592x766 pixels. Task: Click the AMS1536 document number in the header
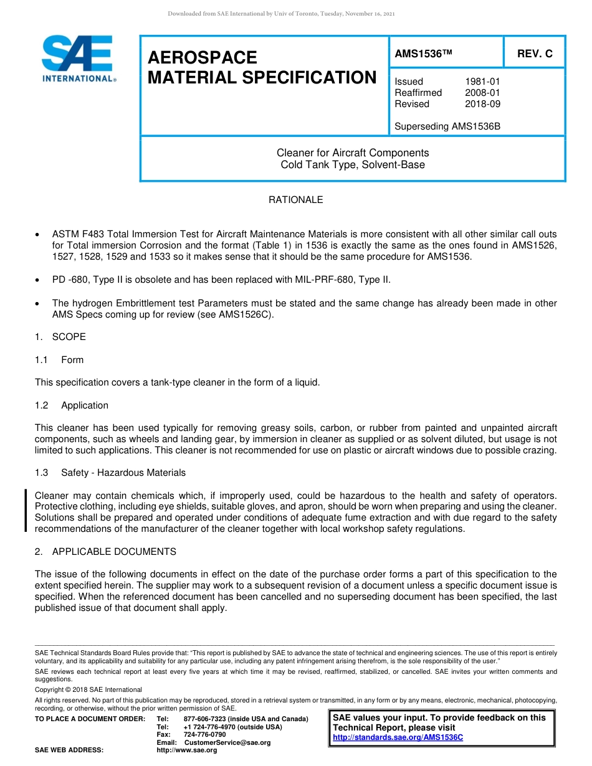[422, 54]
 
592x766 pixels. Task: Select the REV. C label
[534, 54]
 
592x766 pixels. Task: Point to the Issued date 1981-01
[482, 82]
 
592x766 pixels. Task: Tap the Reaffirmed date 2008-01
[482, 93]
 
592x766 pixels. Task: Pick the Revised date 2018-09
[482, 104]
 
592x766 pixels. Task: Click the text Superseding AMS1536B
[447, 126]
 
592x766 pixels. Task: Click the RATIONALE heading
[295, 200]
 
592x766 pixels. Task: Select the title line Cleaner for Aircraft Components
[353, 153]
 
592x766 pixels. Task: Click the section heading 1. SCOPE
[60, 337]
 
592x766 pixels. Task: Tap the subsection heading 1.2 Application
[72, 405]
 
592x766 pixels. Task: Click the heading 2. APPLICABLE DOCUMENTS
[106, 552]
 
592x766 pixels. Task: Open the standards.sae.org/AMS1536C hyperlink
[398, 737]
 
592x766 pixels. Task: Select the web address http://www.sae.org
[186, 750]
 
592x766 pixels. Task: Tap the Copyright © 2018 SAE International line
[88, 689]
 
